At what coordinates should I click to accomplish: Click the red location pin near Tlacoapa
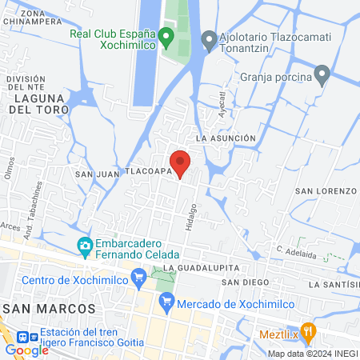coord(181,162)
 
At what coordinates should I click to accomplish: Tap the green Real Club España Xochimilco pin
coord(166,36)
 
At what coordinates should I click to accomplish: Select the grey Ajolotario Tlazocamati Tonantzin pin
coord(209,38)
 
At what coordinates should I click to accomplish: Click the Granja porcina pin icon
coord(322,76)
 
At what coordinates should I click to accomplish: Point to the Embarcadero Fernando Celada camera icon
coord(85,246)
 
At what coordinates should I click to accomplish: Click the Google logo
coord(26,350)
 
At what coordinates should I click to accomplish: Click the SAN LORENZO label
coord(325,190)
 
